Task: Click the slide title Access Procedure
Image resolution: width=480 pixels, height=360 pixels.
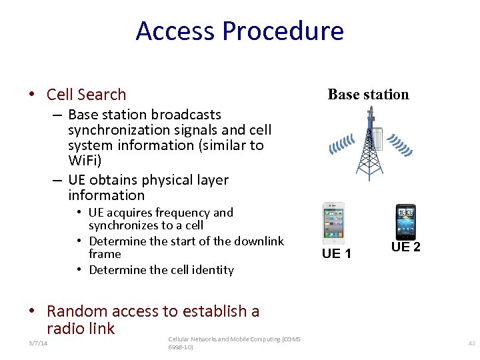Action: (239, 31)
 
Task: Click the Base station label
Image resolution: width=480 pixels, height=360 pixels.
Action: (368, 95)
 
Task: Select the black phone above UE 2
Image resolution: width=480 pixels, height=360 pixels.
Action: (405, 222)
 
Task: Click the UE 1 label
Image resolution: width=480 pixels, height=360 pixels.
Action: (336, 253)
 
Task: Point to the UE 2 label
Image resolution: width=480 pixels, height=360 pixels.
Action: (405, 247)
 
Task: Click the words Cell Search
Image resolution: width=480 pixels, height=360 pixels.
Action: (86, 95)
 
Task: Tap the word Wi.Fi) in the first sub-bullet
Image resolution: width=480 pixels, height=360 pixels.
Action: (85, 160)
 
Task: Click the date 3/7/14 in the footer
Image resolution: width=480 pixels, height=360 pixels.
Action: (38, 343)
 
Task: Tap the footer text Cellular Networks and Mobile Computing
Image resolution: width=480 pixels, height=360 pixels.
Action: (233, 339)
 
